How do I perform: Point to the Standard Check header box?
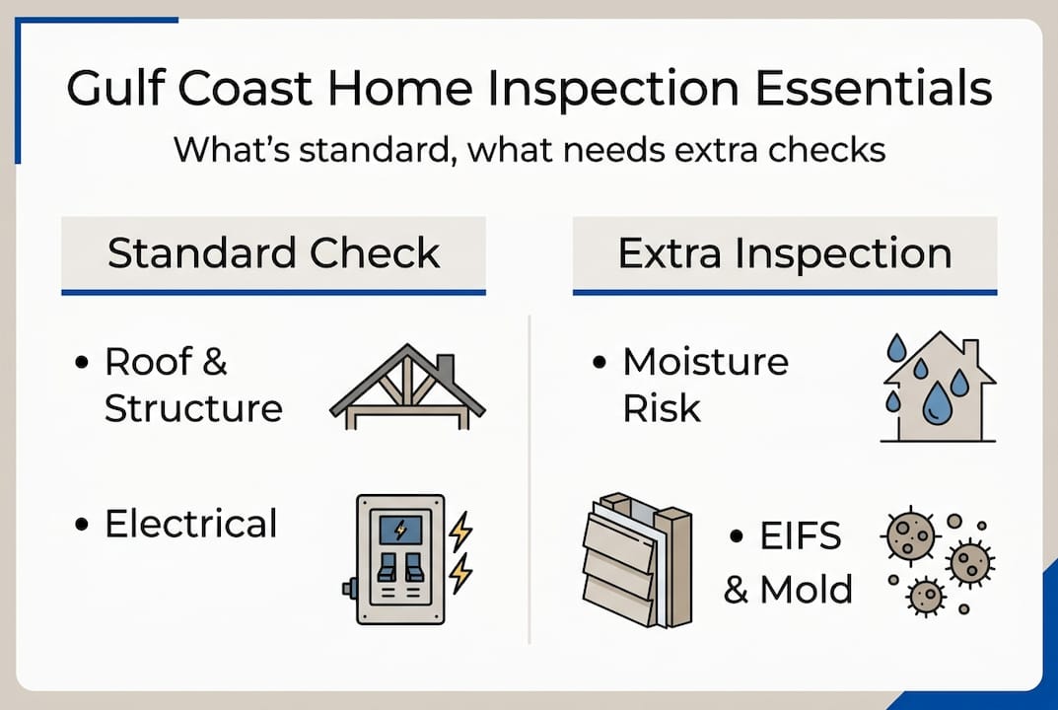point(273,253)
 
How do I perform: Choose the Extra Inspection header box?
point(784,253)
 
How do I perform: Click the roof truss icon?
point(407,387)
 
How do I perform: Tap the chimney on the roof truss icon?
point(445,366)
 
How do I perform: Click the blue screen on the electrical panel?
point(400,531)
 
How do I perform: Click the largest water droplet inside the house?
point(936,403)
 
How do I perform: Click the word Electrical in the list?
point(190,524)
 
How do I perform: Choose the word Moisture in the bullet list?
point(705,362)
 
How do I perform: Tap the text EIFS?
point(800,537)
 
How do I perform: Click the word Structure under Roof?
point(193,407)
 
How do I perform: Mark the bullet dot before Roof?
point(82,363)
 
